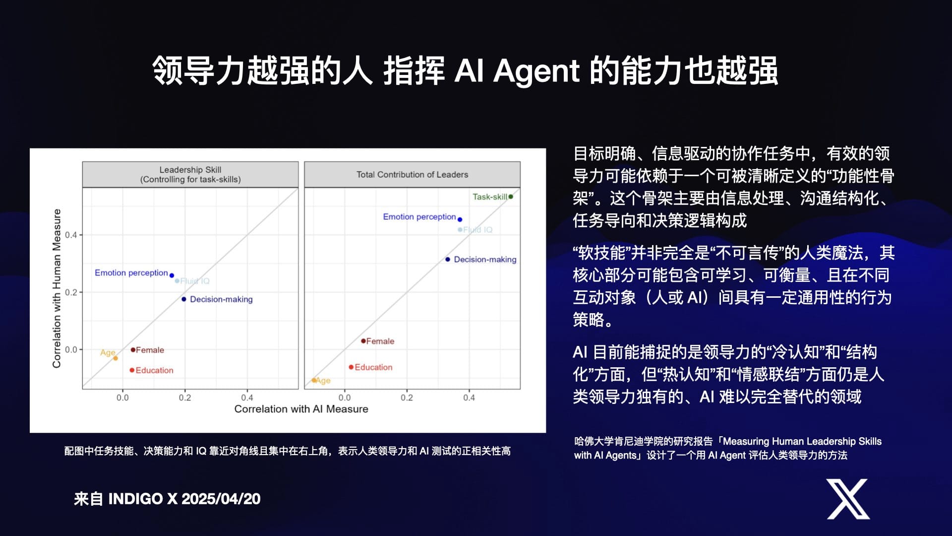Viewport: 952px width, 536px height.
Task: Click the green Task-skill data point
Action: [x=511, y=197]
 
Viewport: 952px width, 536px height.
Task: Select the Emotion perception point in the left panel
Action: [x=172, y=275]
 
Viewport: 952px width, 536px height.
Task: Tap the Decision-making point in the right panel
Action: [x=448, y=259]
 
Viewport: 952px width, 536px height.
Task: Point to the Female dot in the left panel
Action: [x=133, y=350]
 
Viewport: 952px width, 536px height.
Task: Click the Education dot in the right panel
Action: [x=351, y=367]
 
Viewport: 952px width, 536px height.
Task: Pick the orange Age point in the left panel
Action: [x=116, y=358]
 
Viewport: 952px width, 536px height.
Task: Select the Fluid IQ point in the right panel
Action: [x=460, y=230]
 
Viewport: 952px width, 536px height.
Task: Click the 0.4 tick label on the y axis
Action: [x=71, y=235]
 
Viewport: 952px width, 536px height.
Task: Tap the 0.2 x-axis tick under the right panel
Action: [x=407, y=398]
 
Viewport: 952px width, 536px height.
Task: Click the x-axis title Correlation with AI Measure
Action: [x=301, y=409]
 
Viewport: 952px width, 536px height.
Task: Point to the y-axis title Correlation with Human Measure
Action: [x=57, y=288]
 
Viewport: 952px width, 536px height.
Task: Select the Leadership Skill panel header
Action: [x=190, y=174]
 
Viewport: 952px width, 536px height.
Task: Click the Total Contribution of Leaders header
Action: [x=412, y=174]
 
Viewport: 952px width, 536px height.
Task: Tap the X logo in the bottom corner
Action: [x=848, y=499]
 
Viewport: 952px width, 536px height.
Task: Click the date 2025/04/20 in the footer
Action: [x=221, y=499]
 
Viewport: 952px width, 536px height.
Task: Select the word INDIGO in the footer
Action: [x=136, y=499]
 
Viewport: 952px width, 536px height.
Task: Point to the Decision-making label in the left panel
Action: [x=221, y=299]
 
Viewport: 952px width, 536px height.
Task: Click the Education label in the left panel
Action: [x=155, y=370]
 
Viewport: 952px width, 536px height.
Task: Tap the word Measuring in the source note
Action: [x=746, y=441]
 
